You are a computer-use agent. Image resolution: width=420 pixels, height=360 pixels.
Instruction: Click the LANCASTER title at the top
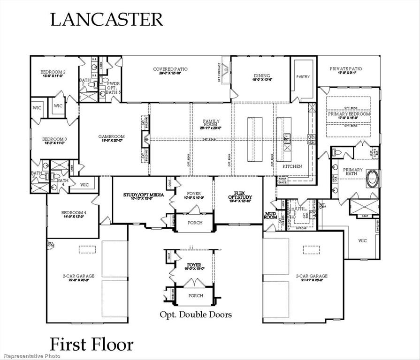tap(107, 19)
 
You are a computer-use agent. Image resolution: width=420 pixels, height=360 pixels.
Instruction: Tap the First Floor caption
tap(92, 344)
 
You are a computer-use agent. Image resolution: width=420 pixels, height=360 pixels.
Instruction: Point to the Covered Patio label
tap(170, 69)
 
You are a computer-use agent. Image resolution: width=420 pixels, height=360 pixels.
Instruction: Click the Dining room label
tap(262, 75)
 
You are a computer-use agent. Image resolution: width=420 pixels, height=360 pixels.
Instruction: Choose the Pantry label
tap(303, 76)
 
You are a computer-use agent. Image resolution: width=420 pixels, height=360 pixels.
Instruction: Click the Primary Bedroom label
tap(349, 114)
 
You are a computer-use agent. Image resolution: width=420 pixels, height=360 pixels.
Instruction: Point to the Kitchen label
tap(292, 166)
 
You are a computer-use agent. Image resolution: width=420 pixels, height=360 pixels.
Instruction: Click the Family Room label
tap(208, 124)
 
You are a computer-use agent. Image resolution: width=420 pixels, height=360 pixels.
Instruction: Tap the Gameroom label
tap(111, 137)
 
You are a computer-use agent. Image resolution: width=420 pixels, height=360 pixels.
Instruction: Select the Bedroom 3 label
tap(54, 139)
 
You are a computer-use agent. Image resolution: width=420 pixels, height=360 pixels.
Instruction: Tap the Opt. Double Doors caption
tap(196, 314)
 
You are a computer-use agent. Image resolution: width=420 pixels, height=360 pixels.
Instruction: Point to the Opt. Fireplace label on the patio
tap(219, 72)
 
